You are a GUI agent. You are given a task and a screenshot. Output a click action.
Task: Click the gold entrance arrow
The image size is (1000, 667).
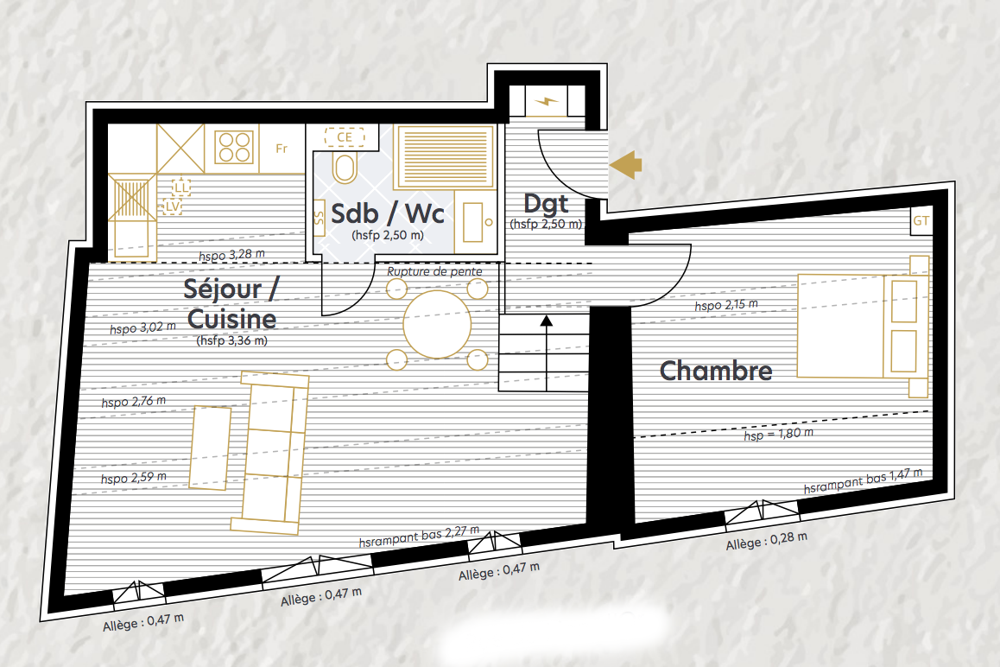[625, 165]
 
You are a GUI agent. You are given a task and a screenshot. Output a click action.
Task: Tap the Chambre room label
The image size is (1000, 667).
[716, 371]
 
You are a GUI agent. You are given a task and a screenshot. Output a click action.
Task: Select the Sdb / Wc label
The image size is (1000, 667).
[387, 213]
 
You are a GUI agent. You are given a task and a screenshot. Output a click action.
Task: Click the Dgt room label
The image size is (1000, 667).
[546, 204]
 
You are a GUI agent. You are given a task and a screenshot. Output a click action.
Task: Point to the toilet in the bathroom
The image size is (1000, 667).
[345, 168]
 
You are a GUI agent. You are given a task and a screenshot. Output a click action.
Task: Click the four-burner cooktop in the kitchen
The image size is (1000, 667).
[234, 147]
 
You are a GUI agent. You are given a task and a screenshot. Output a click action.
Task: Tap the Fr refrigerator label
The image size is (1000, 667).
[282, 149]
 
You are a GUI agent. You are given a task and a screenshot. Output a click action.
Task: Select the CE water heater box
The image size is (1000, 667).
[345, 137]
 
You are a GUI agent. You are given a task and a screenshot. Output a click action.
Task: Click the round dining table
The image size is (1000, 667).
[437, 324]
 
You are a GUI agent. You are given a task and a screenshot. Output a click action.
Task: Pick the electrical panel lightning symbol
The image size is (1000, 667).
[546, 101]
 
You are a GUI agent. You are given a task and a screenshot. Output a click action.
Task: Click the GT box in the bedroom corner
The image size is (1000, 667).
[921, 221]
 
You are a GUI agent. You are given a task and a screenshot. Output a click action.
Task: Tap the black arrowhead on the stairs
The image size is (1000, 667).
[547, 321]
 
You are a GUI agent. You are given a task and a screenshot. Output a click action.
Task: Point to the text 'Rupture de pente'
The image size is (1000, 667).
[434, 271]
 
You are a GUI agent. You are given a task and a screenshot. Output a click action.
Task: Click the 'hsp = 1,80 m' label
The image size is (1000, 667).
[779, 435]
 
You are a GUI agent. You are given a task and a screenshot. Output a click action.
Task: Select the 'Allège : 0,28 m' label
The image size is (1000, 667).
[767, 541]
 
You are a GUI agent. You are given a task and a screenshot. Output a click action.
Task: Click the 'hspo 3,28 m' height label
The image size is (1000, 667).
[231, 255]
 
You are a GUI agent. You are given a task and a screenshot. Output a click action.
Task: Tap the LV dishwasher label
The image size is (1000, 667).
[172, 206]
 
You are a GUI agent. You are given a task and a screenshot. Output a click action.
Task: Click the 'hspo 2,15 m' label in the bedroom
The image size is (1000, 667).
[726, 305]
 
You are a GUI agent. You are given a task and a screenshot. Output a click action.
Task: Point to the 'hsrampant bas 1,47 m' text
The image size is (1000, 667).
[863, 480]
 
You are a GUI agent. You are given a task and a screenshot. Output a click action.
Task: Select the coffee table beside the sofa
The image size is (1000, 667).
[210, 448]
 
